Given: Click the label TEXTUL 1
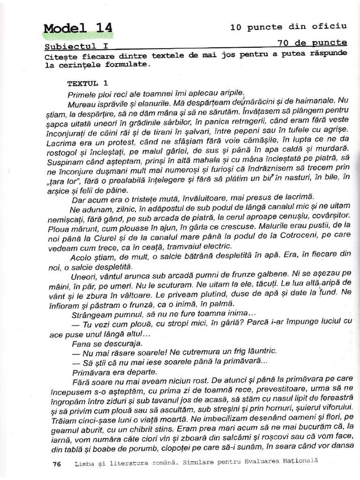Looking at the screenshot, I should (x=83, y=83).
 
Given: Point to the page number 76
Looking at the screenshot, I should (x=57, y=464).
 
